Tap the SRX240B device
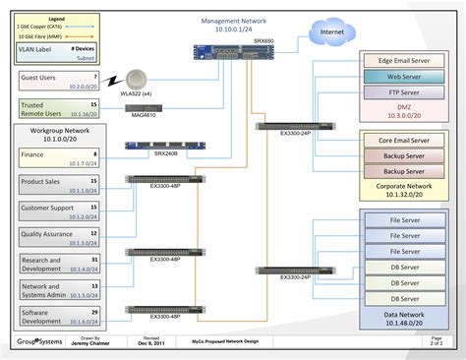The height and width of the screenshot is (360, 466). coord(152,147)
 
